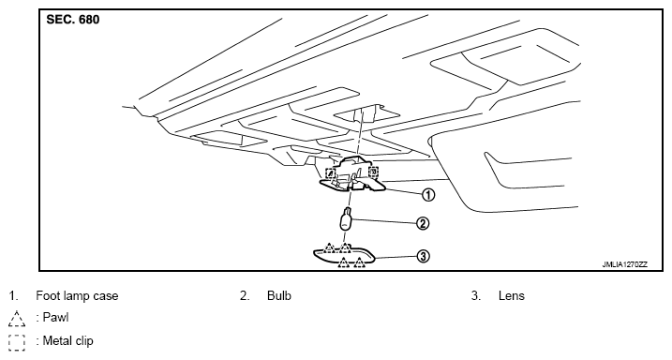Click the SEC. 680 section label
pos(73,20)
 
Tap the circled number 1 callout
pos(428,195)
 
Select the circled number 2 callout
pos(422,223)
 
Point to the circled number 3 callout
pos(423,256)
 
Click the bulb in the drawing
pos(346,219)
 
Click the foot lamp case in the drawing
pos(351,175)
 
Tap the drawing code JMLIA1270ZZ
pos(625,264)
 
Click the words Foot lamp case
pos(77,295)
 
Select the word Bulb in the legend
pos(279,295)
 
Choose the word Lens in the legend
pos(512,295)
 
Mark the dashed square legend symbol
pos(16,342)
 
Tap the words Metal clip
pos(67,341)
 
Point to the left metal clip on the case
pos(331,173)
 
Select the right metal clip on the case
pos(374,172)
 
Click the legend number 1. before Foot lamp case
pos(14,295)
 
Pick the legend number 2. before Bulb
pos(245,295)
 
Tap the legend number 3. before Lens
pos(476,295)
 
